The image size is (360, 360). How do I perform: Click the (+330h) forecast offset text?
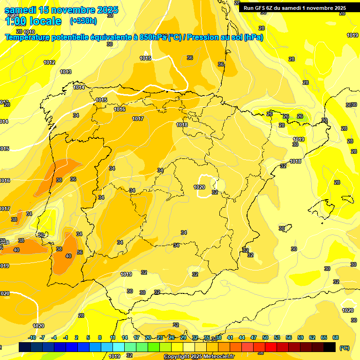coord(83,21)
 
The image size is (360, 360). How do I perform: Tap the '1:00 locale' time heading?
coord(33,21)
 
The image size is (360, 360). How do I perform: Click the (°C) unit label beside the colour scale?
coord(345,348)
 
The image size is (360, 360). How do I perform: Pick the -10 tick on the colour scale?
coord(32,338)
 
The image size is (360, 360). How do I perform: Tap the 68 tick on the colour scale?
coord(336,338)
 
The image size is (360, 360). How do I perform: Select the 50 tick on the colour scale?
coord(265,338)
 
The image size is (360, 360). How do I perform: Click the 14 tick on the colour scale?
coord(125,338)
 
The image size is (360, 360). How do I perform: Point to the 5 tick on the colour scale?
coord(89,338)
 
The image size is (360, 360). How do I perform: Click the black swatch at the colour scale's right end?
coord(330,347)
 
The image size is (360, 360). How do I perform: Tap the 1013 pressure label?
coord(66,72)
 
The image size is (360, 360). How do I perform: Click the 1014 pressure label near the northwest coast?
coord(79,88)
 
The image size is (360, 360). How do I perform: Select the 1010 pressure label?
coord(29,45)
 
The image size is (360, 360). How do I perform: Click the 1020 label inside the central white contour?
coord(199,187)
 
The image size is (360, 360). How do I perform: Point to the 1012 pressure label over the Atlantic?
coord(49,62)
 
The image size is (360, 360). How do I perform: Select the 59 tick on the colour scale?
coord(300,338)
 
